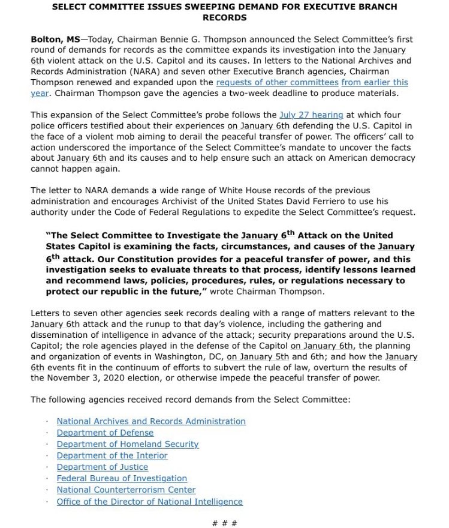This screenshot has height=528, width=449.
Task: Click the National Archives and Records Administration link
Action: [151, 421]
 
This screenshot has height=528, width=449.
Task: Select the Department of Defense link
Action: [105, 433]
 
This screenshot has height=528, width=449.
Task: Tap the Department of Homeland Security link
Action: [128, 444]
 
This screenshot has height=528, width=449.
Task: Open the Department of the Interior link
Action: [112, 455]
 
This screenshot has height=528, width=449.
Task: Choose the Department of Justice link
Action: [103, 467]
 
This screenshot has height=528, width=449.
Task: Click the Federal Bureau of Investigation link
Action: [122, 478]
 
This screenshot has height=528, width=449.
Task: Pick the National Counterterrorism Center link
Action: [126, 490]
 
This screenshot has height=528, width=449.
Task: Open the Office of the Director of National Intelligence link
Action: [150, 502]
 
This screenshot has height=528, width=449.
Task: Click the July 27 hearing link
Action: [311, 115]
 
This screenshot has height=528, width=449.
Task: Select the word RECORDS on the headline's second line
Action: [225, 17]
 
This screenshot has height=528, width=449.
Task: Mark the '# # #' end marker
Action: [225, 523]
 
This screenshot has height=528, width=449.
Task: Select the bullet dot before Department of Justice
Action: [47, 467]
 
